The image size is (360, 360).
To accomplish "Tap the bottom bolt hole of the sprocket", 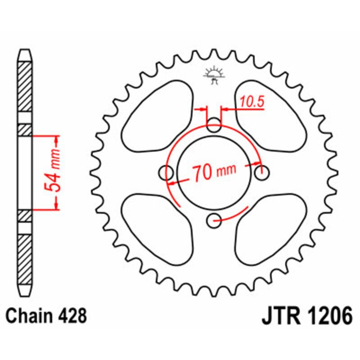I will pos(215,220).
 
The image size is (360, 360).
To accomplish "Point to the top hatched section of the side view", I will pos(25,88).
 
